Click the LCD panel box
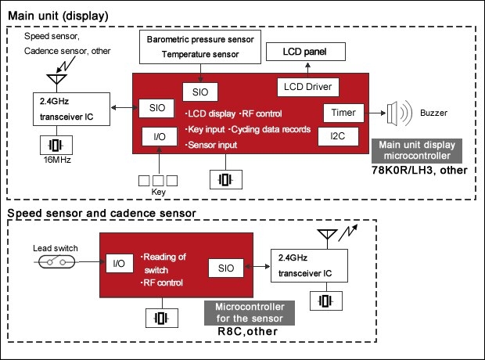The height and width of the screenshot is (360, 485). coord(307,52)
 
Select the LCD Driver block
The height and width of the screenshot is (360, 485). coord(306,87)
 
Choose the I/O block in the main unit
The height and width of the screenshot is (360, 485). coord(160,137)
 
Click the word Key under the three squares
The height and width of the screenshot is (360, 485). coord(160,192)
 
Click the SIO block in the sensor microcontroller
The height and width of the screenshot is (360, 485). coord(227,268)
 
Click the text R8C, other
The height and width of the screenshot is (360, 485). coord(246,331)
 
